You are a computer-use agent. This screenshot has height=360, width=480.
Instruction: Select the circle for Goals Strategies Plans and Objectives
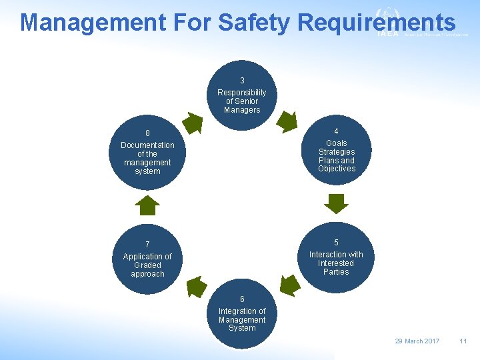click(336, 151)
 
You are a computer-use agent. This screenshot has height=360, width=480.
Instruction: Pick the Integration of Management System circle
click(241, 313)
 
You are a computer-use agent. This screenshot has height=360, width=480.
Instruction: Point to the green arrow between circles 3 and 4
click(287, 122)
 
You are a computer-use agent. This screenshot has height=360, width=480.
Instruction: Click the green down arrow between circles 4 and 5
click(331, 203)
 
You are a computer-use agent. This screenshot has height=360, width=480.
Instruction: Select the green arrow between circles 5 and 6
click(290, 285)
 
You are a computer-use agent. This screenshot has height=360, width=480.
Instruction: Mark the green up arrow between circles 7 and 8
click(147, 205)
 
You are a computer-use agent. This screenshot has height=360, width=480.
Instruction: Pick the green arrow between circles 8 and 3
click(193, 123)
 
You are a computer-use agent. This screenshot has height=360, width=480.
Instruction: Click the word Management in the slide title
click(93, 23)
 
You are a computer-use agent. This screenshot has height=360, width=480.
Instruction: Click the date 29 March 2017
click(417, 341)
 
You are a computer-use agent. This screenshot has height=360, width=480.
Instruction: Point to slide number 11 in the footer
click(463, 341)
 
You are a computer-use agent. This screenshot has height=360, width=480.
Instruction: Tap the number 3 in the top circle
click(242, 81)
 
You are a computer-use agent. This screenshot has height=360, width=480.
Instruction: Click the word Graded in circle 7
click(147, 265)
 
